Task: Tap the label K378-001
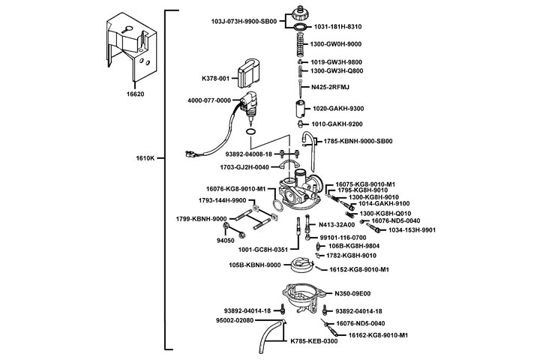[x=214, y=78]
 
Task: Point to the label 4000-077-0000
[x=209, y=100]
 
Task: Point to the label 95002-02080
[x=235, y=320]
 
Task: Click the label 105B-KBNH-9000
[x=255, y=265]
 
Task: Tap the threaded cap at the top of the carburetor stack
[x=296, y=12]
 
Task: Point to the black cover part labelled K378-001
[x=250, y=74]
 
